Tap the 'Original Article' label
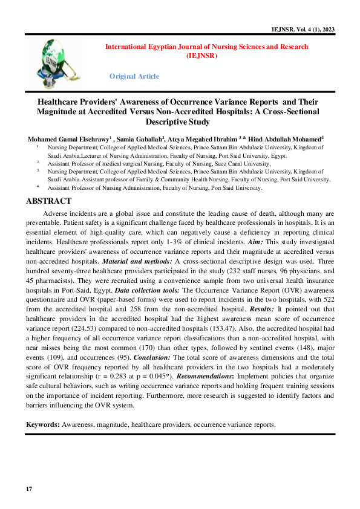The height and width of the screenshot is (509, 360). click(134, 76)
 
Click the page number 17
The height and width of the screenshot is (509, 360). click(28, 488)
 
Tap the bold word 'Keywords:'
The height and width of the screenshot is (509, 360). click(42, 424)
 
